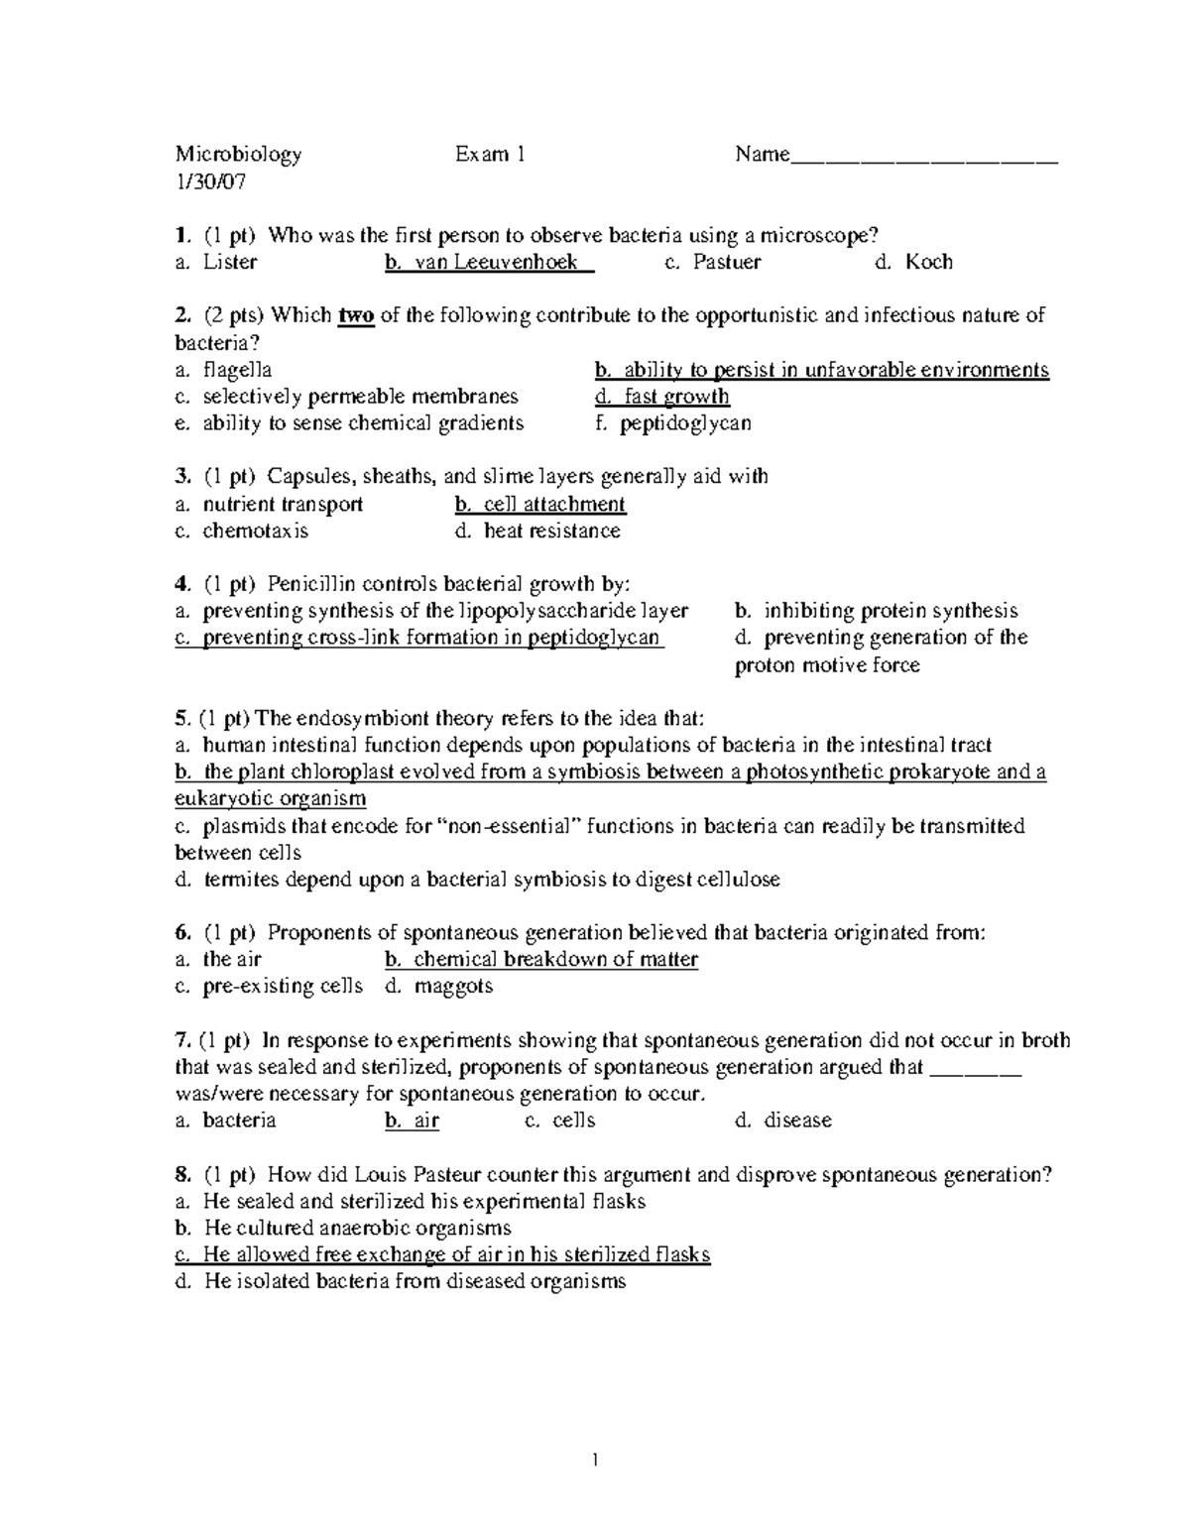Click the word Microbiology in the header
(x=238, y=154)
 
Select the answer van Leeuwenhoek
(x=488, y=263)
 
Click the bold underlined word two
(x=356, y=316)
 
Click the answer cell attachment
(x=540, y=504)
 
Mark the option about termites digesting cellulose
(x=477, y=880)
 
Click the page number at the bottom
(x=595, y=1460)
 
